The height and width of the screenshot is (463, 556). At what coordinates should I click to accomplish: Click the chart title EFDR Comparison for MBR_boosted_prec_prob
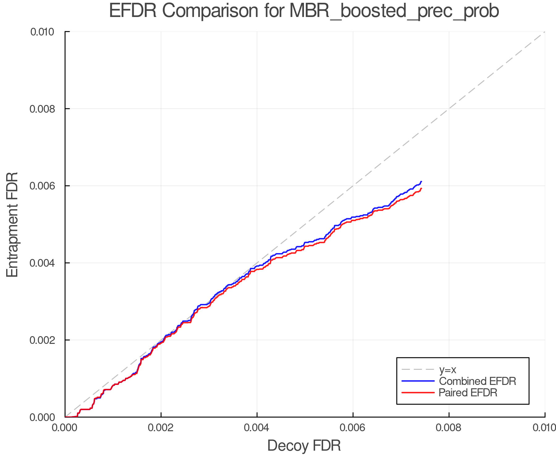[x=304, y=11]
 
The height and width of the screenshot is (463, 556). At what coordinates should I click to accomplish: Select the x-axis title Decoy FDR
[x=304, y=446]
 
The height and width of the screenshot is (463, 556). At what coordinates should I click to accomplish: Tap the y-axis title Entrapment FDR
[x=12, y=224]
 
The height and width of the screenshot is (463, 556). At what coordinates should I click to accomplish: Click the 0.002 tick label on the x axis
[x=161, y=428]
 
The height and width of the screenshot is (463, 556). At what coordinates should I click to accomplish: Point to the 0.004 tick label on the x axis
[x=257, y=428]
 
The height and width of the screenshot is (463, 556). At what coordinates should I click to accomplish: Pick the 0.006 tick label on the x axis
[x=353, y=428]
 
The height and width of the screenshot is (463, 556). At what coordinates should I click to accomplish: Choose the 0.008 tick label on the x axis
[x=449, y=428]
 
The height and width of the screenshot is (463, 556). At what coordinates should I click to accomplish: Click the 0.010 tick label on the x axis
[x=544, y=428]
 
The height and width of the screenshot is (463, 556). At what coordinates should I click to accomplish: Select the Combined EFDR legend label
[x=478, y=381]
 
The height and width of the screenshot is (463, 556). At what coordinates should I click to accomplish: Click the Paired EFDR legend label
[x=468, y=393]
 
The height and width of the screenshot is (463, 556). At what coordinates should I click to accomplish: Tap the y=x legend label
[x=448, y=369]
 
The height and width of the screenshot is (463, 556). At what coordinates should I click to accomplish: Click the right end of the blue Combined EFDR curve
[x=421, y=181]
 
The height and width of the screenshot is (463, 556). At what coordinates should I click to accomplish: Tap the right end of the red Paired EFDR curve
[x=421, y=188]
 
